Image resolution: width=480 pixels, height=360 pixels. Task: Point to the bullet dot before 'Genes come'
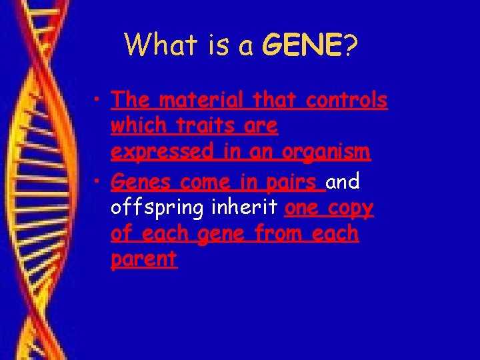[98, 181]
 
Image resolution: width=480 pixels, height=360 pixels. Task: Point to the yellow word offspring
[157, 207]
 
